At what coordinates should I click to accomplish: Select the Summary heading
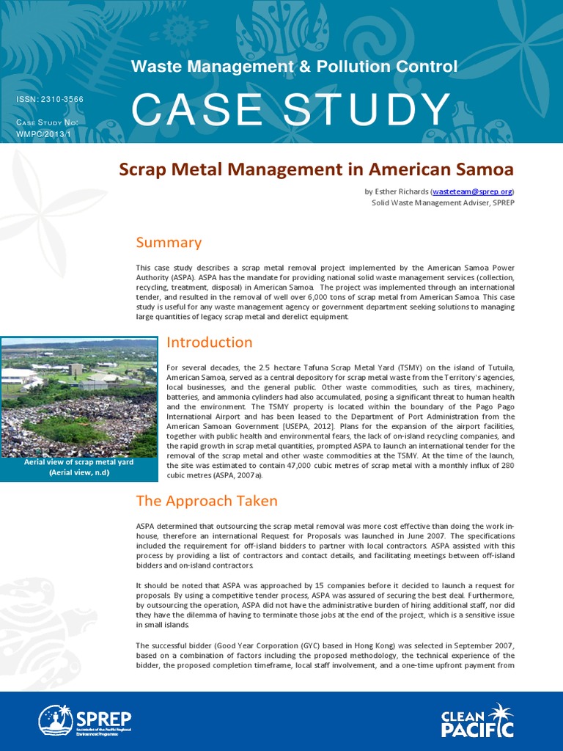[x=169, y=243]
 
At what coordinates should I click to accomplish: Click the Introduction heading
[x=210, y=342]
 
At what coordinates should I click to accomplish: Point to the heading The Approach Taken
[x=207, y=502]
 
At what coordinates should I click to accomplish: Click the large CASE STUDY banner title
[x=290, y=110]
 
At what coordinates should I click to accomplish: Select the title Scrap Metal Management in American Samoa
[x=317, y=169]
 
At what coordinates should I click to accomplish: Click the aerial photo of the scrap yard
[x=78, y=398]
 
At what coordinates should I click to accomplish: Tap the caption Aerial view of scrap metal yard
[x=78, y=463]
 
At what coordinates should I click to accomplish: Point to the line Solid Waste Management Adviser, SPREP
[x=443, y=202]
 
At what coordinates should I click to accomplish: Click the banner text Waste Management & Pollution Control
[x=294, y=67]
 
